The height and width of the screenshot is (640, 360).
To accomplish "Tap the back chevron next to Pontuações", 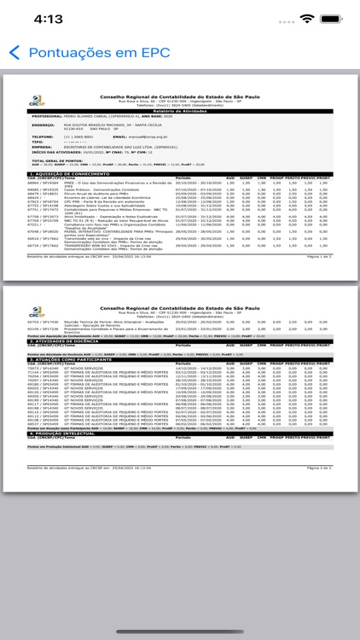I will [14, 53].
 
